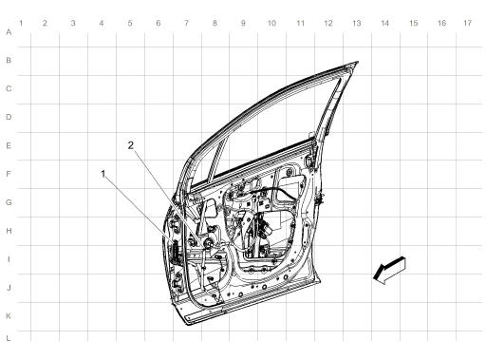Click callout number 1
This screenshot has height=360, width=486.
(x=103, y=173)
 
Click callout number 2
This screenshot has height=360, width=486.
(x=132, y=144)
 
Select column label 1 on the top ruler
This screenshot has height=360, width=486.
(x=18, y=22)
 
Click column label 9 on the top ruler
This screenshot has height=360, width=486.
(x=243, y=22)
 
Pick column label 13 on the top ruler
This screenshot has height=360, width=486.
(x=356, y=22)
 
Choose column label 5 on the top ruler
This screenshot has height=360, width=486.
(x=130, y=22)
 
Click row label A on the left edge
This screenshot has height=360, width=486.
(x=9, y=32)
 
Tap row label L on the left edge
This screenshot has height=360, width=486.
(x=9, y=337)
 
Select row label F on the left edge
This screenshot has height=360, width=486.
(x=9, y=175)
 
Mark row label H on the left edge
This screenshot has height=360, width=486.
(x=9, y=231)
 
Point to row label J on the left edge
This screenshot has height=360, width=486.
(x=9, y=287)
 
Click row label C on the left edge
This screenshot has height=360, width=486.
(x=9, y=89)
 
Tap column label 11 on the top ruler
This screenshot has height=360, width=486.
(x=300, y=22)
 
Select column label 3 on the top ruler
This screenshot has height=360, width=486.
(x=73, y=22)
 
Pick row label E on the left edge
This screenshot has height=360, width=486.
(x=9, y=146)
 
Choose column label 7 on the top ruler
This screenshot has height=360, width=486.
(x=186, y=22)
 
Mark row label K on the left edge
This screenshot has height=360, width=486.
(x=9, y=314)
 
